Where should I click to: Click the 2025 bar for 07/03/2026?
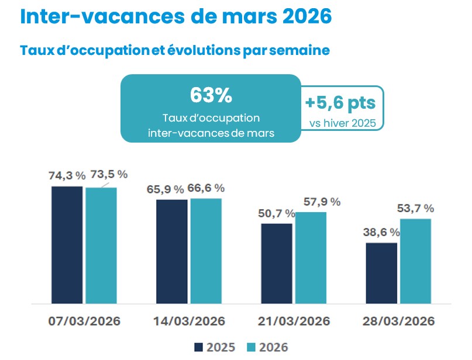pyautogui.click(x=67, y=245)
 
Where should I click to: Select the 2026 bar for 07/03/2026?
pyautogui.click(x=101, y=245)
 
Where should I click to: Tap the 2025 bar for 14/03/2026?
pyautogui.click(x=172, y=251)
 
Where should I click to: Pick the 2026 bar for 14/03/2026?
pyautogui.click(x=206, y=251)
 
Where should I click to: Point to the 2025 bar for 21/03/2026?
pyautogui.click(x=276, y=264)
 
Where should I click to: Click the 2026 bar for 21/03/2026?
pyautogui.click(x=311, y=258)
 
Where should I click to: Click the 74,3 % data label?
pyautogui.click(x=67, y=175)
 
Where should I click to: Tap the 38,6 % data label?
pyautogui.click(x=381, y=231)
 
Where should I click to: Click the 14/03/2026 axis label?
pyautogui.click(x=190, y=322)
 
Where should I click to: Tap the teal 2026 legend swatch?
pyautogui.click(x=249, y=347)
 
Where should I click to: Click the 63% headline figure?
pyautogui.click(x=211, y=95)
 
